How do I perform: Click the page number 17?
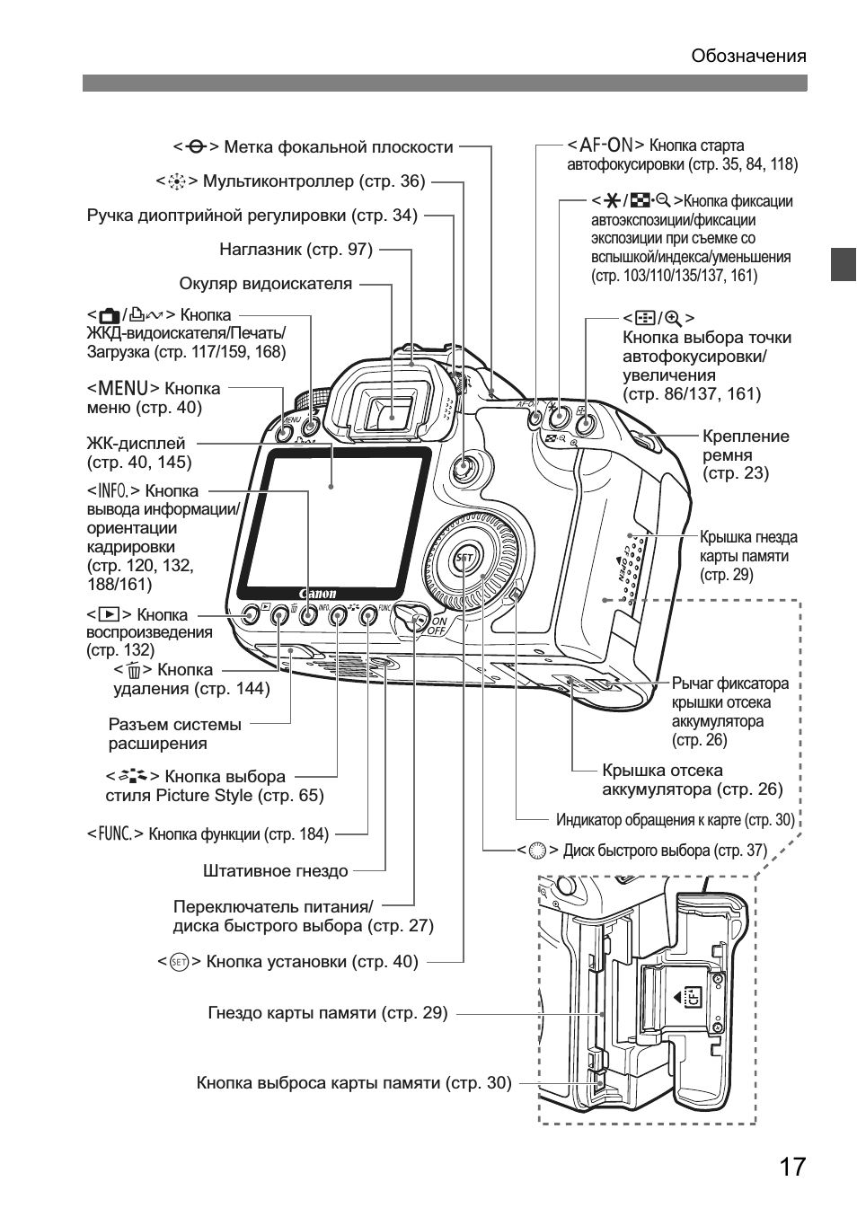point(791,1167)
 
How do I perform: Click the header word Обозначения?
point(748,57)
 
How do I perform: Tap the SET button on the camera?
point(464,558)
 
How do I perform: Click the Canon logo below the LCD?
point(317,594)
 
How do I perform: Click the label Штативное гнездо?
point(275,870)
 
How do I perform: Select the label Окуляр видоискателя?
point(265,284)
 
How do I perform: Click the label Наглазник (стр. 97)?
point(296,249)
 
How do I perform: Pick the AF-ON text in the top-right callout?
point(605,145)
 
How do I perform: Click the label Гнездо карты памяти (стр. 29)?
point(327,1013)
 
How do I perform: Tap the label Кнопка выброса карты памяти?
point(353,1083)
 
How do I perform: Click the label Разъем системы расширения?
point(174,734)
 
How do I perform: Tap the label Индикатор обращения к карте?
point(675,819)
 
